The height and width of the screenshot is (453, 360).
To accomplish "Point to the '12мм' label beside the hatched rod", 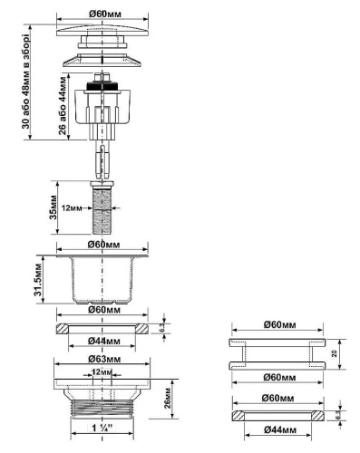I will click(x=77, y=208).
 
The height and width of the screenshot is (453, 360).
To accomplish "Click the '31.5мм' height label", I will click(x=39, y=280).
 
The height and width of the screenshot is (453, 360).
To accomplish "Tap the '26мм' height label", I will click(x=168, y=396).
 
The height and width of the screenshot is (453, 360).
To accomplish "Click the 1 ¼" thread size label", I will click(x=102, y=425).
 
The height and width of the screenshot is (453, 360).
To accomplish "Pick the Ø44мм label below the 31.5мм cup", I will click(x=102, y=341).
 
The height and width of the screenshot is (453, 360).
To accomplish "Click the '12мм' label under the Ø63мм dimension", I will click(x=102, y=372).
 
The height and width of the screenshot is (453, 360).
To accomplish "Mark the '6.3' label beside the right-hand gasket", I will click(x=338, y=414).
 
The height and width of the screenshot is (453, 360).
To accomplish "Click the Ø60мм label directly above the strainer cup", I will click(x=102, y=245).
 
